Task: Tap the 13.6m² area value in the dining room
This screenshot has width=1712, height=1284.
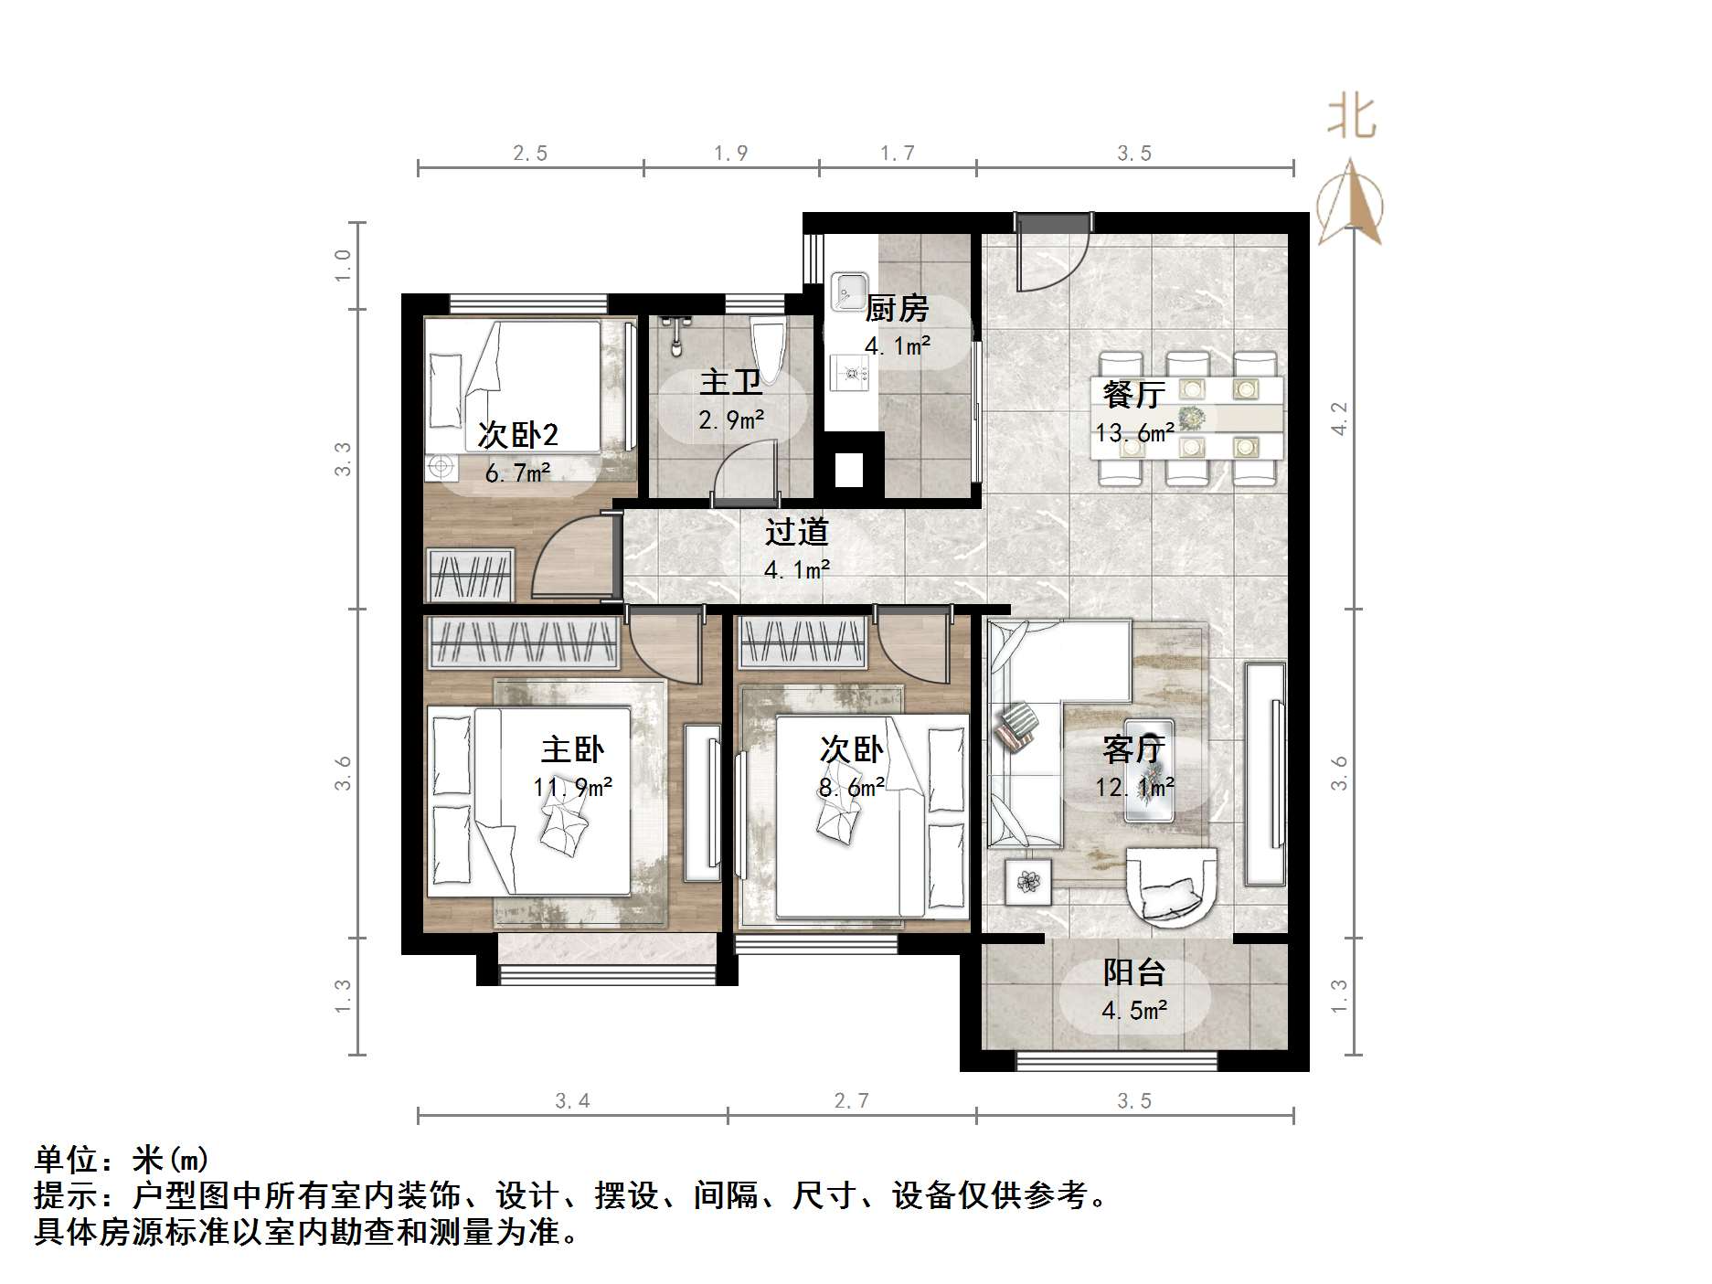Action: coord(1134,432)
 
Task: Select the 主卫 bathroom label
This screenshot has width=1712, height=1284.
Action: coord(730,382)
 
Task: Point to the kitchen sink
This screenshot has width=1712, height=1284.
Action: coord(850,290)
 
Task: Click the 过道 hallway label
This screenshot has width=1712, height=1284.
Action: coord(796,532)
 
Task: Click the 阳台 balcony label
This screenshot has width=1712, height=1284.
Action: coord(1133,972)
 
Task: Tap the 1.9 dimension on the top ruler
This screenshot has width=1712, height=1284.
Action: coord(730,153)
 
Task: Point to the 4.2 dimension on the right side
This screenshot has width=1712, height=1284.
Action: coord(1339,419)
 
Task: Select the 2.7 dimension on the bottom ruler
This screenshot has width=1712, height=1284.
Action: coord(851,1100)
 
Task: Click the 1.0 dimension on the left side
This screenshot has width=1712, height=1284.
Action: coord(343,265)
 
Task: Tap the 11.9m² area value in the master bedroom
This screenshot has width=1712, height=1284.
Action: coord(573,787)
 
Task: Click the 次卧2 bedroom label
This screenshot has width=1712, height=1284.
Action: coord(517,435)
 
